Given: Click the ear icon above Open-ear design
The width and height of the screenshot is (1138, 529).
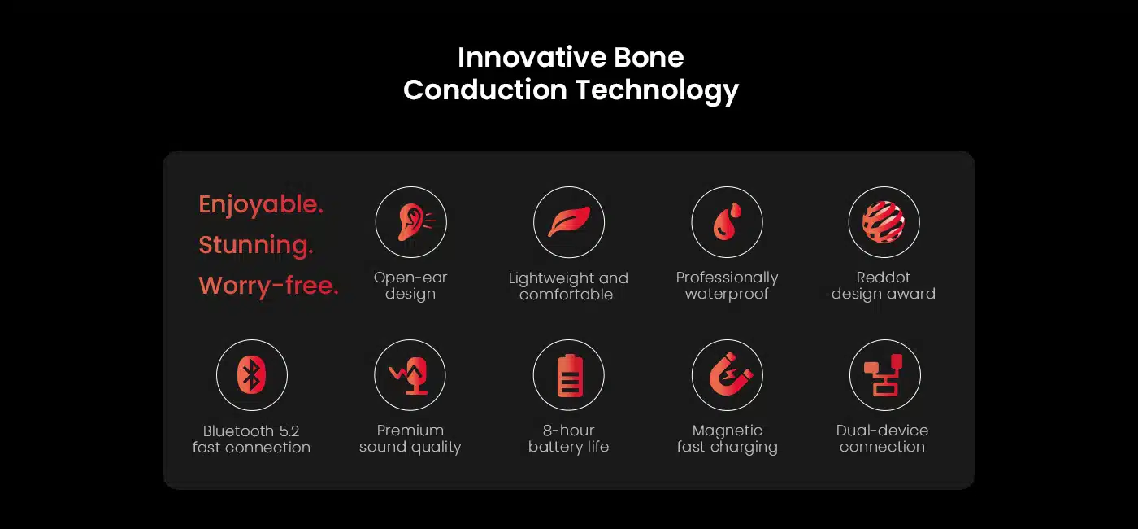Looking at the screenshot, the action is point(413,222).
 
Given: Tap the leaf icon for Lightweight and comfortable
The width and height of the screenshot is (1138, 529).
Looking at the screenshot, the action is point(569,221).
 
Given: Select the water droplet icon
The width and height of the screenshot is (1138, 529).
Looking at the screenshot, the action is point(727,221).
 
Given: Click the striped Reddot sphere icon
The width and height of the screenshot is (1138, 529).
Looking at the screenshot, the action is point(884,221).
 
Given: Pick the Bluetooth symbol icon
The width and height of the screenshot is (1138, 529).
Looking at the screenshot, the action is point(251,375).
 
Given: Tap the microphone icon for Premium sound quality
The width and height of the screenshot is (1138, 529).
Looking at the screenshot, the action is point(410,376).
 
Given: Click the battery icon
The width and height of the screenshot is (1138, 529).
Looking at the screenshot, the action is point(570,375).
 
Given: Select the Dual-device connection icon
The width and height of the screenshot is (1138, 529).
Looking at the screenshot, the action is point(884,375).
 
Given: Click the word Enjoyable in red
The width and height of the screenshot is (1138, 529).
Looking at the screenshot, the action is point(261,204).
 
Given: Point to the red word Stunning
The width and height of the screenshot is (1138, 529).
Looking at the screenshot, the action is point(256,245).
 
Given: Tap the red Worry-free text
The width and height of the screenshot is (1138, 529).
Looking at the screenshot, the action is point(268,286).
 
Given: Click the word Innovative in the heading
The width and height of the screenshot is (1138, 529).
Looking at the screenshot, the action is point(532,57).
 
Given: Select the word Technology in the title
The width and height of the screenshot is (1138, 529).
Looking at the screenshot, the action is point(657,90).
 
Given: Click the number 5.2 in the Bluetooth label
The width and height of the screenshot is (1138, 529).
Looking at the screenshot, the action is point(289,431).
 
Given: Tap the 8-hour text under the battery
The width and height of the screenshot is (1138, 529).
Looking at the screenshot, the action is point(568,431).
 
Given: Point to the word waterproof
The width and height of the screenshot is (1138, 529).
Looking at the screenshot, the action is point(727,294).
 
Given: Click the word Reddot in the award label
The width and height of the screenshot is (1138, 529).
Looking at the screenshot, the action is point(884,278).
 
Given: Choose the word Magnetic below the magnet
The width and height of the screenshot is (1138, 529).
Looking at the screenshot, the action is point(728,431).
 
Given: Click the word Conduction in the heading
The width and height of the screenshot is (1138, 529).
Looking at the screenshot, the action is point(485,90).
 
